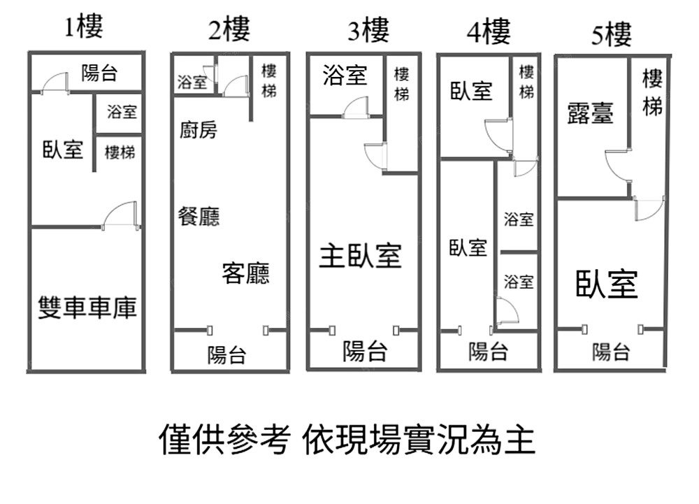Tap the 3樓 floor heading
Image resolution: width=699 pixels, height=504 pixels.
(x=368, y=30)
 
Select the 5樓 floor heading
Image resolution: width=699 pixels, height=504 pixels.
(x=612, y=34)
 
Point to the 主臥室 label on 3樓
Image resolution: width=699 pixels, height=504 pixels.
(x=361, y=255)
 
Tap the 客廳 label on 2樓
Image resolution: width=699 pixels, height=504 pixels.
(x=245, y=273)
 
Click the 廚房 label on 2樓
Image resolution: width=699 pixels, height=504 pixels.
(x=199, y=130)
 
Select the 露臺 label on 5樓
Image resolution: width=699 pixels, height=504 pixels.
(x=590, y=113)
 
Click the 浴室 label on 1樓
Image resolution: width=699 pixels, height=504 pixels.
(x=122, y=111)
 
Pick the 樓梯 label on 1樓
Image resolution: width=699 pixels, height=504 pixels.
(x=120, y=151)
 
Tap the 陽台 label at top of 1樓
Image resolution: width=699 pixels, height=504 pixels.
(x=99, y=72)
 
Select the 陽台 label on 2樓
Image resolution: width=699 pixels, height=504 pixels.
(x=226, y=354)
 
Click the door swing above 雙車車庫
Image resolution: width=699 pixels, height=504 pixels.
(x=120, y=215)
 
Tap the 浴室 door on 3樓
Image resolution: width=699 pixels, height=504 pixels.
(x=356, y=106)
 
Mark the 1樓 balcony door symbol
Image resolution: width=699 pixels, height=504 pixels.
(x=54, y=83)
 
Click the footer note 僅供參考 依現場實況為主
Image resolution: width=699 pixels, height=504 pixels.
(x=347, y=439)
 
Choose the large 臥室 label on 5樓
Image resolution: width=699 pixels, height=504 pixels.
(x=607, y=284)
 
